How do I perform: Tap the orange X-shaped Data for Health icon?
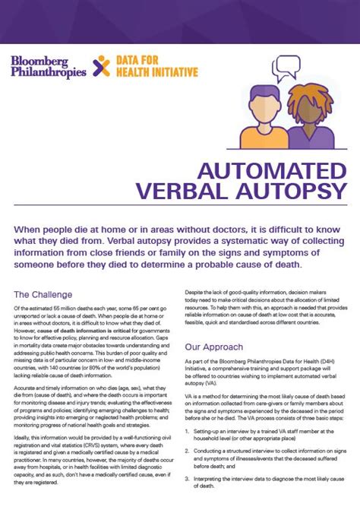pos(100,66)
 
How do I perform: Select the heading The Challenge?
pos(43,294)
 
